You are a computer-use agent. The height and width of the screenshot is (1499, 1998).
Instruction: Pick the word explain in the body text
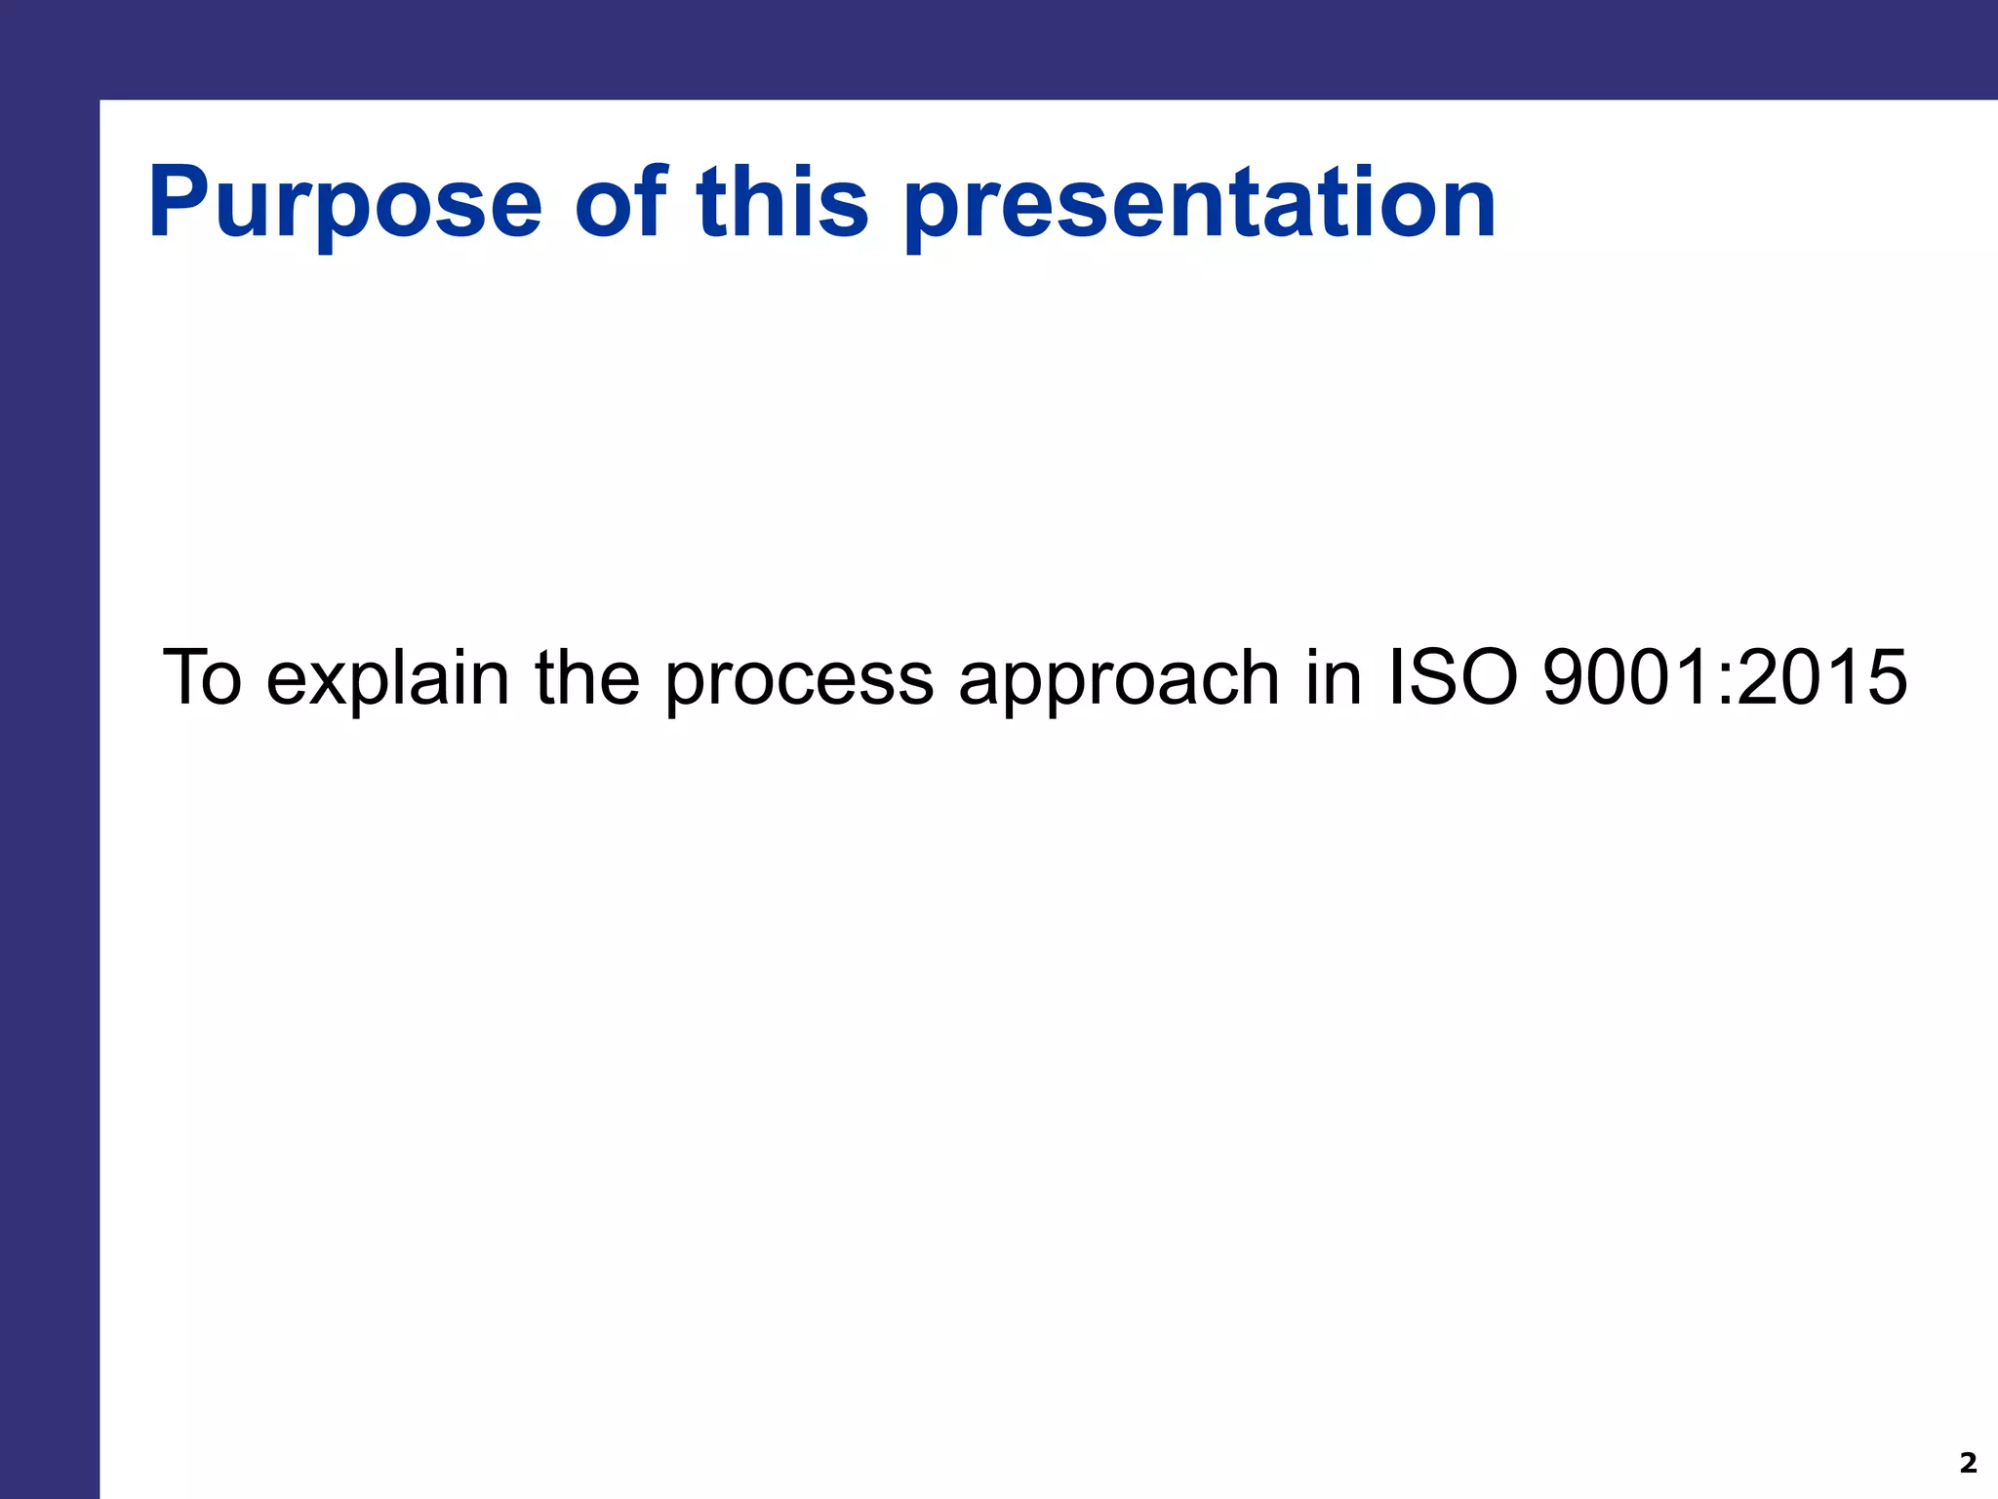pyautogui.click(x=387, y=679)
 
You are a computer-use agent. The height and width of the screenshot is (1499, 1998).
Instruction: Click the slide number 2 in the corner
pyautogui.click(x=1968, y=1463)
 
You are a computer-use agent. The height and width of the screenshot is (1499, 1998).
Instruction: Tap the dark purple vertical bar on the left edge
pyautogui.click(x=49, y=781)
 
